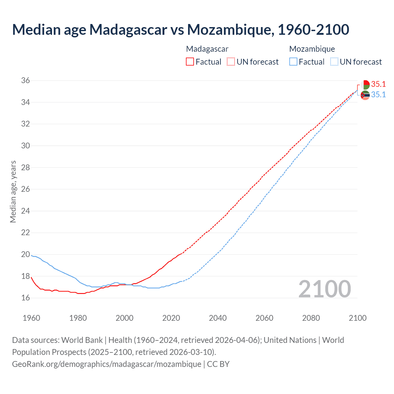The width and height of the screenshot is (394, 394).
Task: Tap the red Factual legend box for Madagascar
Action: pos(190,62)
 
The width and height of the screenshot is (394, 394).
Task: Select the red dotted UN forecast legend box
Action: pos(231,62)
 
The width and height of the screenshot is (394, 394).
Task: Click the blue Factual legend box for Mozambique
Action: pos(293,62)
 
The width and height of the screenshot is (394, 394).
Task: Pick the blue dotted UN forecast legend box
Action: pos(334,62)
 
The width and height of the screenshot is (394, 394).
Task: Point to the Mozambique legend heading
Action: pos(312,49)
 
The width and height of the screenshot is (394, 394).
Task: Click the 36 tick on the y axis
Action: pos(26,81)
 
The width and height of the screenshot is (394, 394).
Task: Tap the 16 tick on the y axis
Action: pos(26,298)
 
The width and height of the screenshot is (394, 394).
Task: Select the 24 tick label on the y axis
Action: pos(26,211)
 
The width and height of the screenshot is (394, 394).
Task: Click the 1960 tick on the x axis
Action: pos(31,318)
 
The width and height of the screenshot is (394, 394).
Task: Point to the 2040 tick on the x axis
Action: pos(218,318)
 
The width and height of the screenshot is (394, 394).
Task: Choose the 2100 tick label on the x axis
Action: pos(357,318)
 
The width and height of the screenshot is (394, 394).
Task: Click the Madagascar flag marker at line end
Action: pos(365,85)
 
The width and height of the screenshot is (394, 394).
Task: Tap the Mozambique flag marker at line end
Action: pos(365,95)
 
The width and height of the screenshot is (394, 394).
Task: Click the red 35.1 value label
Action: pos(378,84)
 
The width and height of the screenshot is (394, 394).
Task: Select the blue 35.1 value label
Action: pos(378,95)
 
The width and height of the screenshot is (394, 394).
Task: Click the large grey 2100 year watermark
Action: pos(324,289)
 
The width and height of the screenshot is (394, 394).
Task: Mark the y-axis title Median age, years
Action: pos(13,191)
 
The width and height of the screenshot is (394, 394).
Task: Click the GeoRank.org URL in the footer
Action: pos(107,364)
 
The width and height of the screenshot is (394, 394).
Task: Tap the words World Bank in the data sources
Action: pos(82,340)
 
